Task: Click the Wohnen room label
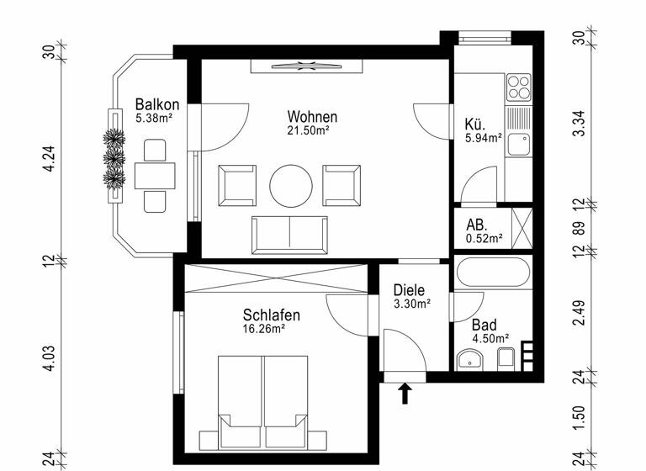point(312,117)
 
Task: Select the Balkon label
point(156,105)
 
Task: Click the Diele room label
point(410,290)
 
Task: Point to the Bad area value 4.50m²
point(490,339)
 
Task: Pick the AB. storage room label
point(477,225)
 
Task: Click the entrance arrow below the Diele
point(405,392)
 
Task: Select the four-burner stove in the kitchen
point(520,87)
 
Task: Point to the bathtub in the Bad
point(493,274)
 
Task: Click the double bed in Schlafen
point(262,402)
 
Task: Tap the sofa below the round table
point(290,234)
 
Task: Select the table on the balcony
point(155,176)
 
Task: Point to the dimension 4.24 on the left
point(49,158)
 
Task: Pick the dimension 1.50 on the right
point(578,418)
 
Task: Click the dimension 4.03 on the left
point(49,357)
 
